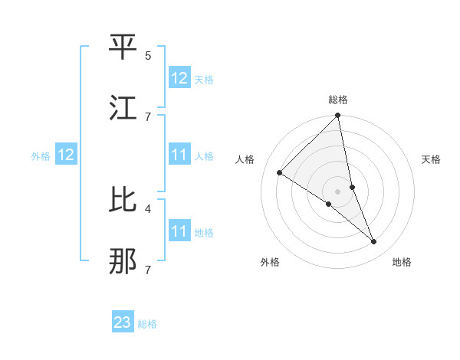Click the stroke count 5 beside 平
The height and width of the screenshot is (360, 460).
(148, 55)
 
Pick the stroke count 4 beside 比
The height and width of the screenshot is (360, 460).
(148, 208)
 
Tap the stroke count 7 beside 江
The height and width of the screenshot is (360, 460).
(148, 116)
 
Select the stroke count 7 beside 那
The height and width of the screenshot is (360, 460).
(148, 270)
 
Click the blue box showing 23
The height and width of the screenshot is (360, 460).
(123, 322)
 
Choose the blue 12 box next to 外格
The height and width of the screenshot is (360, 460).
(66, 155)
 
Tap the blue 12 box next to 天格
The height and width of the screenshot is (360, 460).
(179, 78)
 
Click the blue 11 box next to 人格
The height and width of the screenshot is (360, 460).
(179, 155)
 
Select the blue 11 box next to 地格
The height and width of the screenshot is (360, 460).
(179, 231)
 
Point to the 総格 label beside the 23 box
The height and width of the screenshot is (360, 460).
(147, 324)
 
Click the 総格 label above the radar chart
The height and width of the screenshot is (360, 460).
(338, 100)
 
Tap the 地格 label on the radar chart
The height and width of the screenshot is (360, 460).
(402, 262)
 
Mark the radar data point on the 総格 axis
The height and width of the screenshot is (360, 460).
(338, 116)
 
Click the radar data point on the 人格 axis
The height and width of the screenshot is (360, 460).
(280, 172)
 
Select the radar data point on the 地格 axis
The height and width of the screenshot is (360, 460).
(374, 241)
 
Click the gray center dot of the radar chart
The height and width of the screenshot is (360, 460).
(338, 191)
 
